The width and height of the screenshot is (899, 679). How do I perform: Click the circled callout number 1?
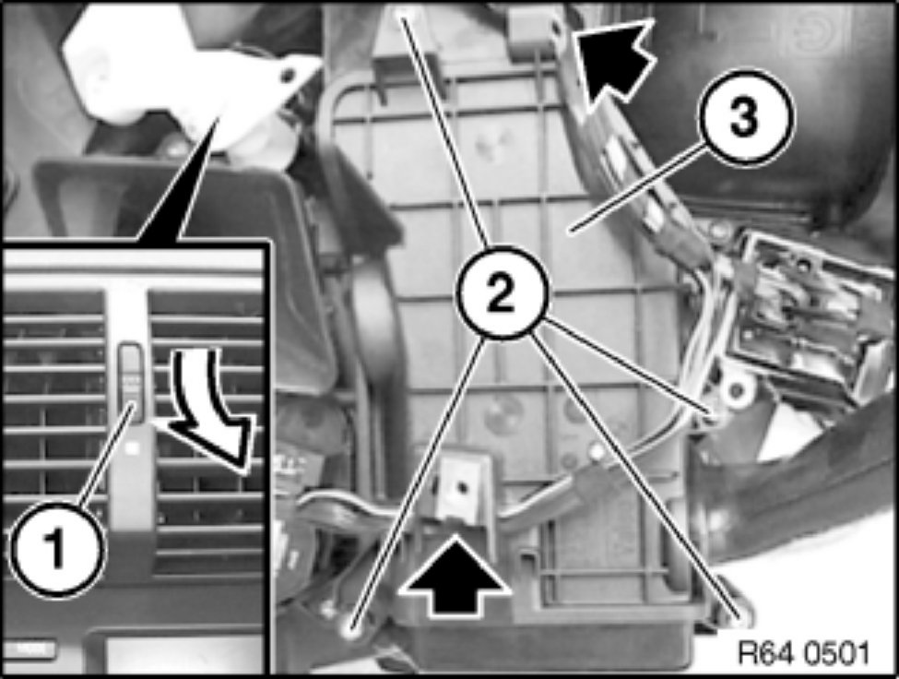56,550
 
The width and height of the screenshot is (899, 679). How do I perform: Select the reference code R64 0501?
803,653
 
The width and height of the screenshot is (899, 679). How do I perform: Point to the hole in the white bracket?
288,74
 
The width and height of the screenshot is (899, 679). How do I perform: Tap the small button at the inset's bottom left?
29,649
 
